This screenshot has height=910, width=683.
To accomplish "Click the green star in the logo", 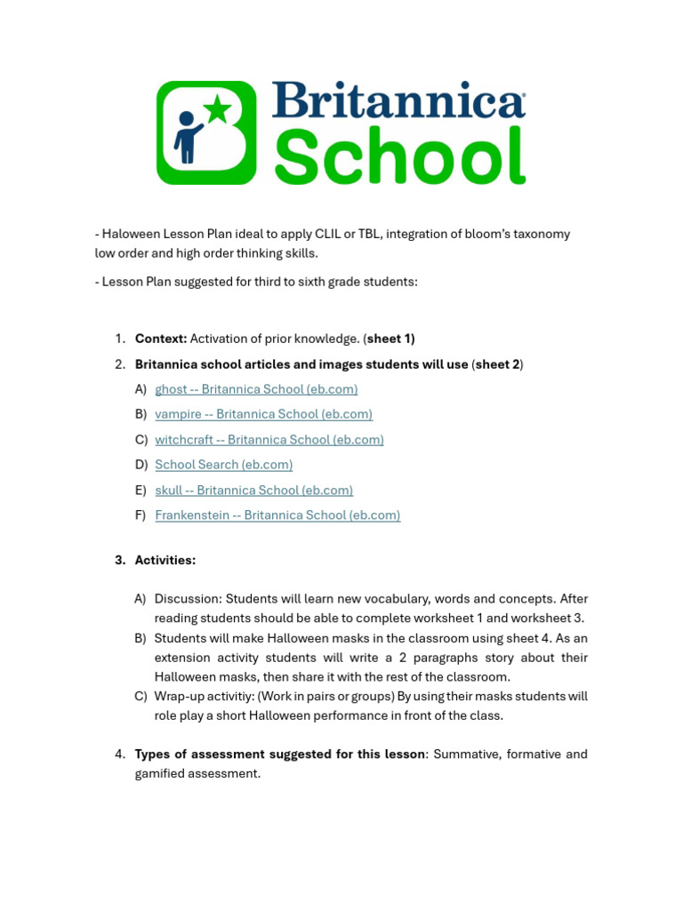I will pyautogui.click(x=218, y=109).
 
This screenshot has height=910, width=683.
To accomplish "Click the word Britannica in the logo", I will pyautogui.click(x=398, y=100).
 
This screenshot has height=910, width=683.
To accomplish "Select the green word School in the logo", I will pyautogui.click(x=399, y=156).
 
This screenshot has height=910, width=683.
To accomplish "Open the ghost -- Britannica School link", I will pyautogui.click(x=256, y=389).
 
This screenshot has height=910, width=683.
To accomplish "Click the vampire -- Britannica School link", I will pyautogui.click(x=263, y=414).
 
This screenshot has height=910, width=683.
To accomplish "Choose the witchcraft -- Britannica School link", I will pyautogui.click(x=269, y=440).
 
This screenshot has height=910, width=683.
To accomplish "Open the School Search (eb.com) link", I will pyautogui.click(x=223, y=465).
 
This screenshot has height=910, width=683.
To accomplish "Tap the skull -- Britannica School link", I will pyautogui.click(x=253, y=491).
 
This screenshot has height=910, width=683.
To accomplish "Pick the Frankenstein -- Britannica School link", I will pyautogui.click(x=277, y=515).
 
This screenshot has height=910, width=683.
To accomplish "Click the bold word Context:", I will pyautogui.click(x=160, y=339).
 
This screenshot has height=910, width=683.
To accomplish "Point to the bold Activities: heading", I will pyautogui.click(x=165, y=560).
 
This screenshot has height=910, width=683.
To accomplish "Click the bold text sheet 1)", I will pyautogui.click(x=390, y=339).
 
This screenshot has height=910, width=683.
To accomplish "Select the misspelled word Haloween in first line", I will pyautogui.click(x=128, y=234).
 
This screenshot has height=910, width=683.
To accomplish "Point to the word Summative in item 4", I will pyautogui.click(x=467, y=754).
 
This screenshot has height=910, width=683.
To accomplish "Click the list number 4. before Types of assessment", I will pyautogui.click(x=120, y=754).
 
